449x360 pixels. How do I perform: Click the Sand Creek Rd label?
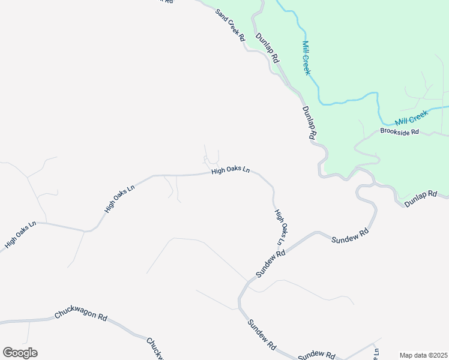[232, 28]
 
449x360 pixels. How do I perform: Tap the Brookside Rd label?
[399, 131]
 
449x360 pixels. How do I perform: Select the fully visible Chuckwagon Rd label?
[80, 315]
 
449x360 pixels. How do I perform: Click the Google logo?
[20, 353]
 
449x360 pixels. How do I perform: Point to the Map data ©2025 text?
[423, 355]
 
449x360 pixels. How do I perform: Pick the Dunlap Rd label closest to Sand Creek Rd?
[268, 48]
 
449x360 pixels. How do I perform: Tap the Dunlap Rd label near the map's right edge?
[426, 200]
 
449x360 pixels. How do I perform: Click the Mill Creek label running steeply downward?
[307, 58]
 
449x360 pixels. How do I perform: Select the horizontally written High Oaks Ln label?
[230, 172]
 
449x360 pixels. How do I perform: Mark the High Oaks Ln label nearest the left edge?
[20, 235]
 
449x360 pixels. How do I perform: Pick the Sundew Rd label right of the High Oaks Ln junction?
[349, 235]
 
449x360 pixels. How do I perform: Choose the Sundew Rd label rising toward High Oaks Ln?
[270, 264]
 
